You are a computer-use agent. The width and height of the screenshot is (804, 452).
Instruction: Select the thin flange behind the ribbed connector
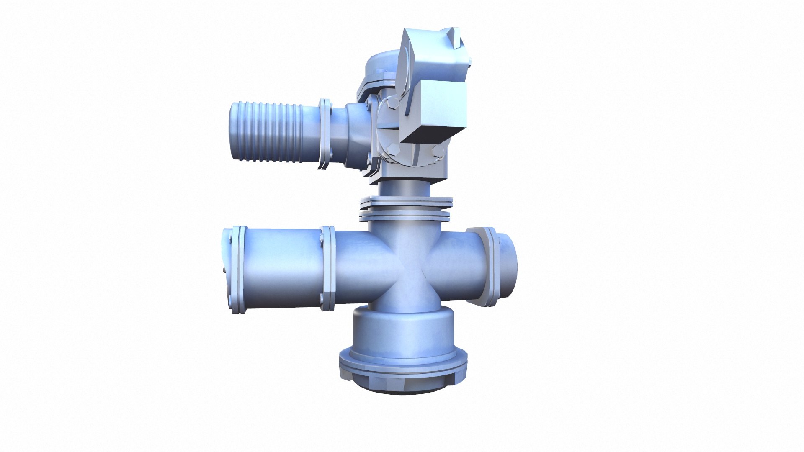(x=325, y=134)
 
